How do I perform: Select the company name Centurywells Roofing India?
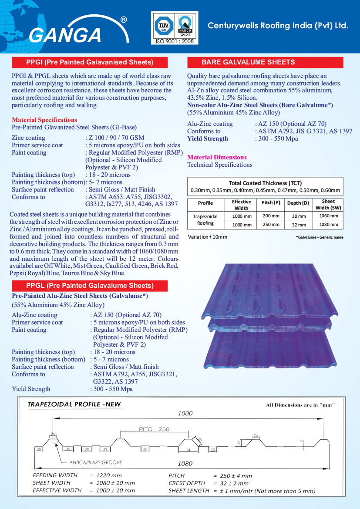click(278, 26)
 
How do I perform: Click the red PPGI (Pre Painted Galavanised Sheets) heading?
click(90, 62)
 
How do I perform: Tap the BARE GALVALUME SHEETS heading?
click(248, 62)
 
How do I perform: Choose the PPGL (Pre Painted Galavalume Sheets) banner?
click(90, 286)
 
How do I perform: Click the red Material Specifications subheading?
click(44, 120)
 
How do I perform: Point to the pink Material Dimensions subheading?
click(217, 157)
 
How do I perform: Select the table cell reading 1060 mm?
click(328, 216)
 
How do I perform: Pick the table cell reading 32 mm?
click(299, 225)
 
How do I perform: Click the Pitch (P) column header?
click(270, 203)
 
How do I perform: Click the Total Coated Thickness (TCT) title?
click(265, 183)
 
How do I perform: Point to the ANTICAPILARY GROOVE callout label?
click(95, 462)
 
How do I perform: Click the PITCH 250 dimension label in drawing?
click(154, 429)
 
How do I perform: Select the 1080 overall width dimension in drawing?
click(185, 463)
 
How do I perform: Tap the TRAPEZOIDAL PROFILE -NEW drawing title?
click(74, 405)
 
